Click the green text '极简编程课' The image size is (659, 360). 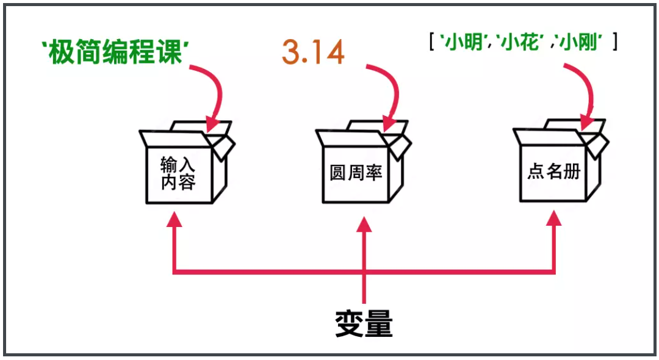click(x=113, y=52)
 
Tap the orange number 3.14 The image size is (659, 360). click(x=313, y=52)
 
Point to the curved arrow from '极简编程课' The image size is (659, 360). click(x=214, y=92)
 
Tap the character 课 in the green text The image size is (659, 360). click(x=169, y=52)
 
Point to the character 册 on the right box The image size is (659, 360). click(x=571, y=172)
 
